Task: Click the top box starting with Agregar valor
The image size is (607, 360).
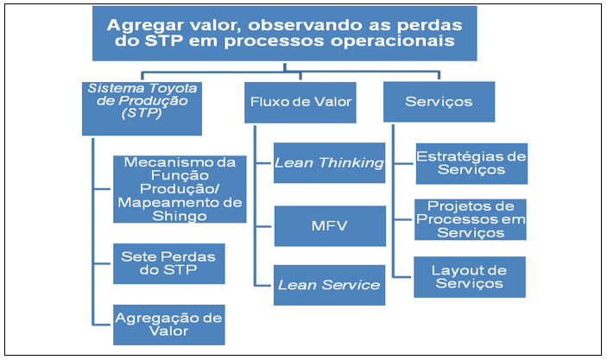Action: (x=285, y=34)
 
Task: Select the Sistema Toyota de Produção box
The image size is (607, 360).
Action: (x=142, y=109)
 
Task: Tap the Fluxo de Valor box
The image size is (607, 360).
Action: (x=300, y=102)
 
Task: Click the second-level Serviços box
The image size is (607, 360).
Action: (x=439, y=102)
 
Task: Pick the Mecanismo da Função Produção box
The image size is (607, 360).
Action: (x=180, y=189)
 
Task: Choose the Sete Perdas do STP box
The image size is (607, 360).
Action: (x=168, y=263)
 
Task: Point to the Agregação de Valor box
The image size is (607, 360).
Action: (x=168, y=325)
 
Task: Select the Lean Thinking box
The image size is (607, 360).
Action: (x=330, y=162)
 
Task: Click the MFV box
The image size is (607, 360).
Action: (x=330, y=226)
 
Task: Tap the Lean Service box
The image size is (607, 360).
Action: (x=330, y=285)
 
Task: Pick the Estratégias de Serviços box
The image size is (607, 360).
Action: (x=471, y=163)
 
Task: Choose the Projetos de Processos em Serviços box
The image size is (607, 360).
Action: (x=471, y=219)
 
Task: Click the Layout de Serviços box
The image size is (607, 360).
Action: (x=470, y=277)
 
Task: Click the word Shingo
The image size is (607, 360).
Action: (x=180, y=216)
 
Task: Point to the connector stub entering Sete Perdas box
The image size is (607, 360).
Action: (x=104, y=263)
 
